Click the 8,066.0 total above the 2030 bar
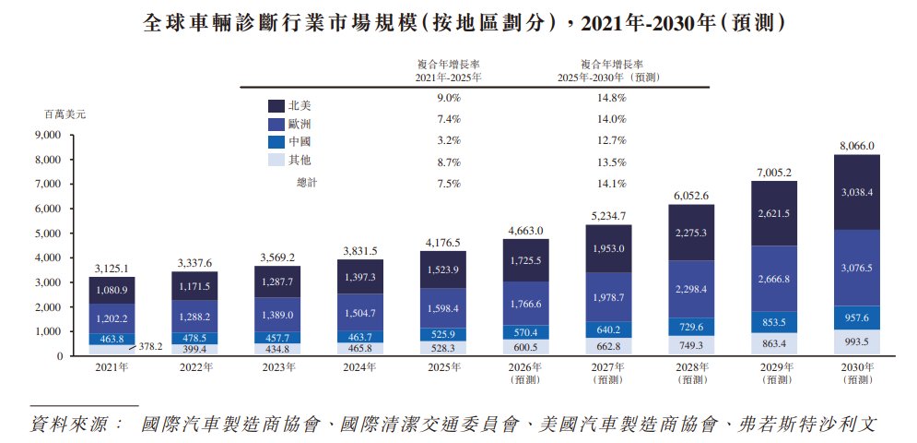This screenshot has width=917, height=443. click(857, 146)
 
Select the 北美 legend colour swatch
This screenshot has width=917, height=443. click(276, 106)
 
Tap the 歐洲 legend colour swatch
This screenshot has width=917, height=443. click(276, 125)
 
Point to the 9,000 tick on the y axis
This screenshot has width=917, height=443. click(49, 135)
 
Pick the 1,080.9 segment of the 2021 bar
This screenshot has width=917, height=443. click(112, 290)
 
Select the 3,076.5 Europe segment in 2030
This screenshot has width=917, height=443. click(857, 268)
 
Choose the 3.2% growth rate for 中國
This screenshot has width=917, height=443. click(449, 140)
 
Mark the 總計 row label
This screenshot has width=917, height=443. click(307, 184)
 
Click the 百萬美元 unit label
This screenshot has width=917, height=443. click(65, 114)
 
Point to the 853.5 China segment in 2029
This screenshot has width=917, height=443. click(774, 322)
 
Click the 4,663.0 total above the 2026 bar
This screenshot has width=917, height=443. click(524, 231)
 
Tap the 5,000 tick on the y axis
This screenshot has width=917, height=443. click(49, 233)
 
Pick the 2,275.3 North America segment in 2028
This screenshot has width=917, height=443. click(691, 233)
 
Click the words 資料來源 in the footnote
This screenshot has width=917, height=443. click(68, 425)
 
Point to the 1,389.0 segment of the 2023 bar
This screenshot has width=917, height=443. click(276, 315)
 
